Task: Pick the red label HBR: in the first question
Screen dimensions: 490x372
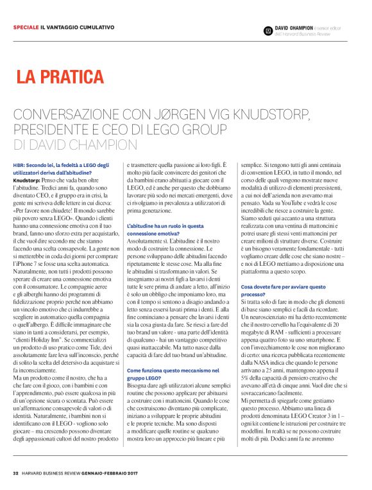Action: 19,166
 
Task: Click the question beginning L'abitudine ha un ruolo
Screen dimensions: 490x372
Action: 166,230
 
